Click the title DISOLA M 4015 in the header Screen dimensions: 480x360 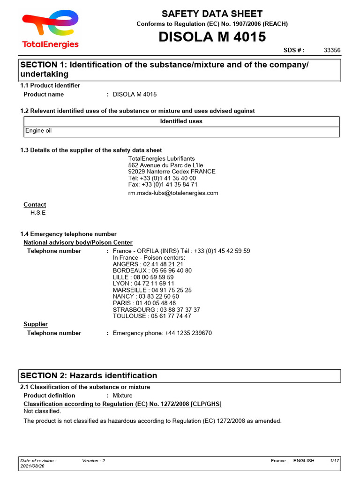(x=212, y=37)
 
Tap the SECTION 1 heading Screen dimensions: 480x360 (x=164, y=69)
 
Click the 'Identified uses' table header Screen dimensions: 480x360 (x=181, y=121)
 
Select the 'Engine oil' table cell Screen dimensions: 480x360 (x=38, y=131)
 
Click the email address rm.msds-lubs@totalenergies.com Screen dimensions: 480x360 (x=173, y=193)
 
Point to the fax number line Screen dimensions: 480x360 (x=163, y=185)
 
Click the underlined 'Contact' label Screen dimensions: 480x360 (x=35, y=204)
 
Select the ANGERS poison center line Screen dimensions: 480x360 (x=148, y=264)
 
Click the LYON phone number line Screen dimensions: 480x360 (x=143, y=284)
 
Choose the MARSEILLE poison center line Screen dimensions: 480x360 (x=152, y=290)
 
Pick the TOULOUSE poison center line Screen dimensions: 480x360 (x=152, y=316)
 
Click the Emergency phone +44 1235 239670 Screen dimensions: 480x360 (x=162, y=333)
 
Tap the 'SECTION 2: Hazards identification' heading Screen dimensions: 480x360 (x=89, y=375)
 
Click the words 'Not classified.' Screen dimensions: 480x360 (x=42, y=411)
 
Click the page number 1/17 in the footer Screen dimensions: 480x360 (x=334, y=461)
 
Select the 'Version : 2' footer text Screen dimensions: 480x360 (x=93, y=461)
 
